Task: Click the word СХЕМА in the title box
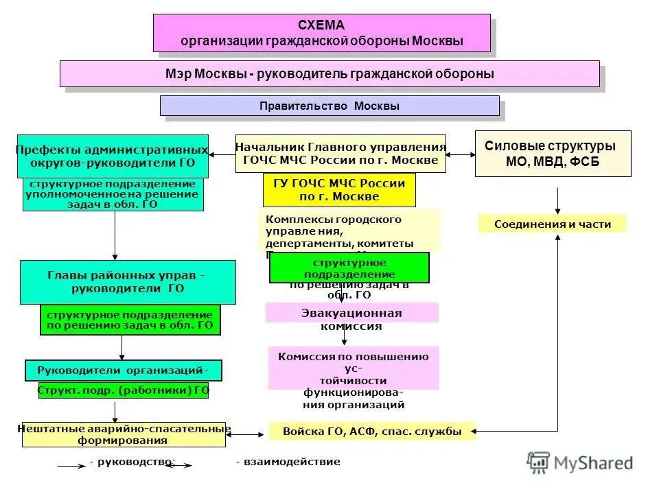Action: click(x=321, y=25)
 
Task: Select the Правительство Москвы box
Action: click(x=329, y=106)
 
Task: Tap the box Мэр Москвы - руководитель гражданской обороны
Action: click(x=329, y=73)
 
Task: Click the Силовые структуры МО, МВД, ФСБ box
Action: click(x=553, y=154)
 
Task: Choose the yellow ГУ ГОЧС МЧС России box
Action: click(x=339, y=190)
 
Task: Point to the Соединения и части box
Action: click(x=553, y=224)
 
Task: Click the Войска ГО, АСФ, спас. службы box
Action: click(x=371, y=432)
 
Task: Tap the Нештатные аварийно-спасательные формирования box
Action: click(x=124, y=434)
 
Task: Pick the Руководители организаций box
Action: click(x=124, y=370)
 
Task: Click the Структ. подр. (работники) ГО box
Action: click(x=124, y=390)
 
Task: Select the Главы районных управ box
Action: click(x=127, y=282)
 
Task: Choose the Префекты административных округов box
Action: click(x=113, y=156)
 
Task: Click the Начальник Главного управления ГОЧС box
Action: click(x=340, y=153)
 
